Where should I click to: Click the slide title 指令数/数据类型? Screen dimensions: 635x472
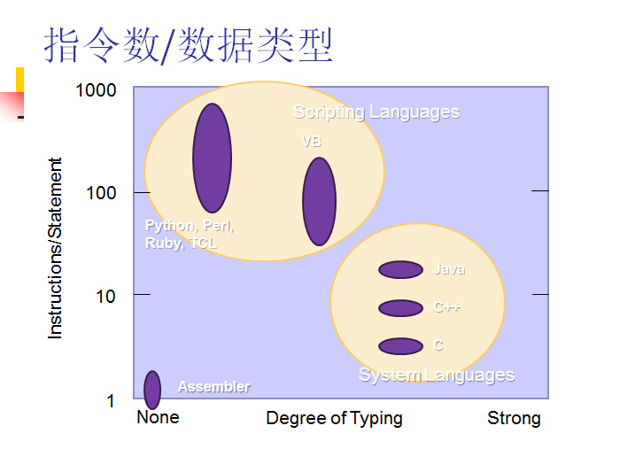188,46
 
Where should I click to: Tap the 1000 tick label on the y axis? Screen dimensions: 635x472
96,90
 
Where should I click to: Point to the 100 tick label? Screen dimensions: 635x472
101,193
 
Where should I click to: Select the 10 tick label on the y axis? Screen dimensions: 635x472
106,297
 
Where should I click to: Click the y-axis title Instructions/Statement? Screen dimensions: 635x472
56,248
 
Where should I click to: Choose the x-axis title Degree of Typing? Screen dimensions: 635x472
334,418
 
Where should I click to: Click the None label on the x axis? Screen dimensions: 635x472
158,417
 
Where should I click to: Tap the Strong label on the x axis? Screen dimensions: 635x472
514,418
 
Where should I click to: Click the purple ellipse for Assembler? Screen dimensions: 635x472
152,390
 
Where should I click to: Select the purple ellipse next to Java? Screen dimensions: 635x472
400,270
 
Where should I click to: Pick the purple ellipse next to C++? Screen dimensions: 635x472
400,308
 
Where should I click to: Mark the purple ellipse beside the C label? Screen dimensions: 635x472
400,346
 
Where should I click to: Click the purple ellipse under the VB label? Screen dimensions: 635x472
319,202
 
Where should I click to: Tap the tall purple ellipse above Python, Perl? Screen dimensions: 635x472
213,159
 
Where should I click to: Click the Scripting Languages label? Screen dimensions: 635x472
376,112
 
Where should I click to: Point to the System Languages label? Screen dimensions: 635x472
437,375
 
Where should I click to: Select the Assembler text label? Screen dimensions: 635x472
213,387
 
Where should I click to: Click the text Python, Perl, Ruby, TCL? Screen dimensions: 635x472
189,235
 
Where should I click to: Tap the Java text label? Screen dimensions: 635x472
449,269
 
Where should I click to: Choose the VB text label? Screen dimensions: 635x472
312,142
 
